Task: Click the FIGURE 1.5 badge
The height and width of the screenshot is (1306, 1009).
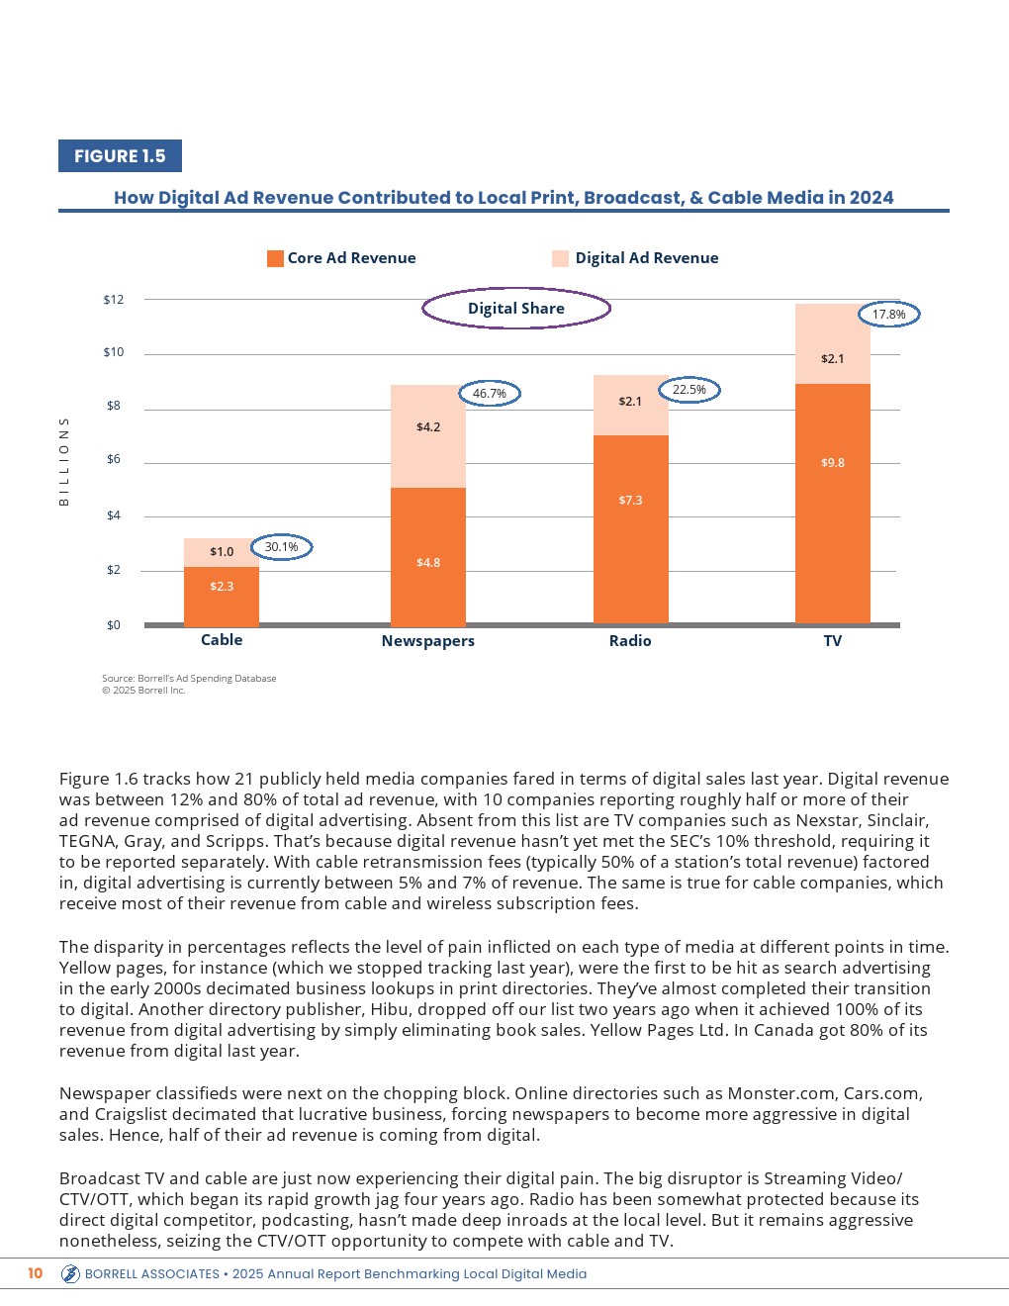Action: point(120,156)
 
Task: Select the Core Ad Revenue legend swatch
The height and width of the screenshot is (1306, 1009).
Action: point(275,258)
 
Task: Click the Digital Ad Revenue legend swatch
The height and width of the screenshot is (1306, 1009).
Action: point(560,258)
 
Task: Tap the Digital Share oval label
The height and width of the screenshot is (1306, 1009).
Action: point(516,309)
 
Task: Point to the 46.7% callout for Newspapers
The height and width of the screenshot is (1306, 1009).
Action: point(490,394)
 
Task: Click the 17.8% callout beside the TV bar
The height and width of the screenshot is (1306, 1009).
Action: point(888,315)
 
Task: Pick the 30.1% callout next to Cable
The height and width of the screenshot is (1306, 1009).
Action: point(282,547)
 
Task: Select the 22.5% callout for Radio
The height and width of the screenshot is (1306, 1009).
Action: point(689,390)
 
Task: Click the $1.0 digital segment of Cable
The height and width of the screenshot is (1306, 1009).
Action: point(222,552)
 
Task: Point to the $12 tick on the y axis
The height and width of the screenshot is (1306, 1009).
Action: point(114,300)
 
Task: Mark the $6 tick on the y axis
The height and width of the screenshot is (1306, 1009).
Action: point(114,459)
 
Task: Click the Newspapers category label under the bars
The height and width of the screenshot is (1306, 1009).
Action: point(428,641)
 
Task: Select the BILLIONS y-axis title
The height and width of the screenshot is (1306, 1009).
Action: point(64,461)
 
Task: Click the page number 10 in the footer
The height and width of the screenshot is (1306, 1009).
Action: point(36,1273)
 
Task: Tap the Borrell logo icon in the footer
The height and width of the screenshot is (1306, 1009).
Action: point(70,1274)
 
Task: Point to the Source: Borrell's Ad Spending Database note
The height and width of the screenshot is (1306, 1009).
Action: point(189,679)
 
